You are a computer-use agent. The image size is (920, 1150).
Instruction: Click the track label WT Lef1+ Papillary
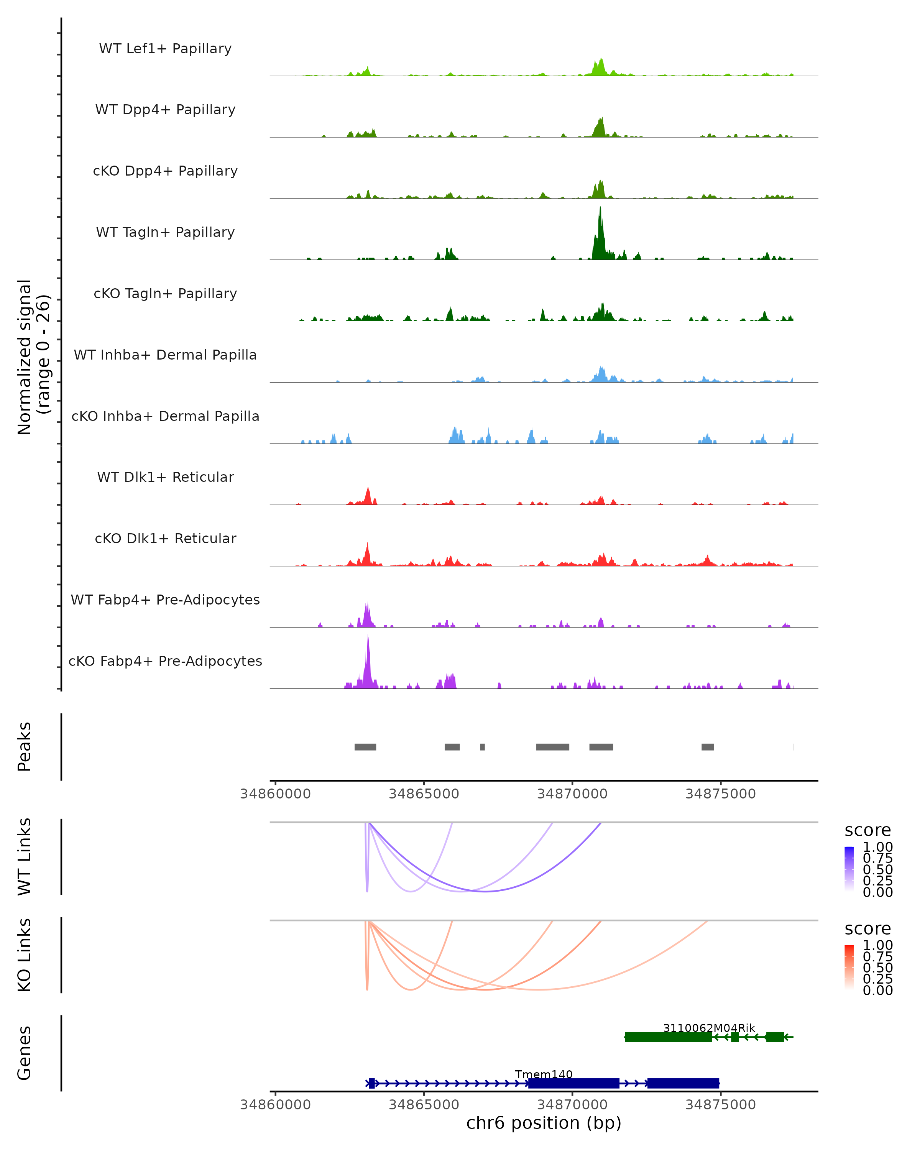click(165, 49)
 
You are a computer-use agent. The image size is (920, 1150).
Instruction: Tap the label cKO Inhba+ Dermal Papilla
click(165, 416)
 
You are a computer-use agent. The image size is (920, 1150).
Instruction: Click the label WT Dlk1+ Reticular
click(165, 477)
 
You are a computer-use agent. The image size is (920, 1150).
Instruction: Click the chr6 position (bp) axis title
click(544, 1123)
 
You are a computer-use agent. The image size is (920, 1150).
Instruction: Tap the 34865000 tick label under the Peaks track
click(424, 794)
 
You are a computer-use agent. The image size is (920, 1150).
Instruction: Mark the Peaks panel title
click(24, 746)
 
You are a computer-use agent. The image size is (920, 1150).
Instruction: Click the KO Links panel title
click(24, 955)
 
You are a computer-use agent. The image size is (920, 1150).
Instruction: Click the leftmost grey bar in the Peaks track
click(365, 747)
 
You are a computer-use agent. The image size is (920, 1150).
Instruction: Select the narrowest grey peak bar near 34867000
click(482, 747)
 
